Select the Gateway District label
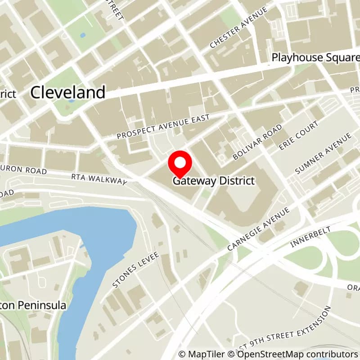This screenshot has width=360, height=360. coord(214,181)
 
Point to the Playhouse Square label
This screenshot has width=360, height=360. coord(315,58)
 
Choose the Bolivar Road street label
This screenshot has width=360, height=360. coord(258,142)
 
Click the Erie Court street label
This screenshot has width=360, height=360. coord(298,135)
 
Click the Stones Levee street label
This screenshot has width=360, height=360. coord(135,270)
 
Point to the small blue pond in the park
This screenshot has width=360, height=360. coord(82,35)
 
